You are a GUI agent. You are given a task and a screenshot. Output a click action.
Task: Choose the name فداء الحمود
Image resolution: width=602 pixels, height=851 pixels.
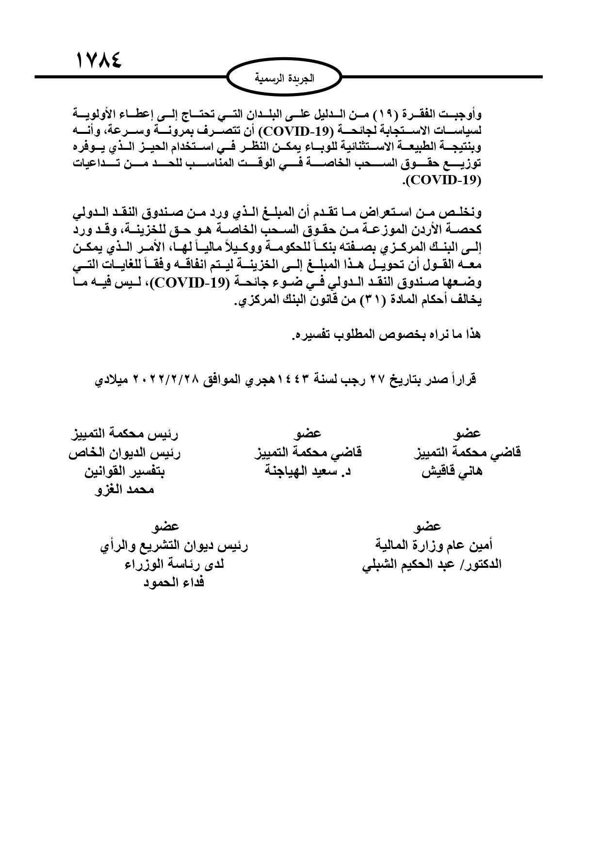(x=173, y=582)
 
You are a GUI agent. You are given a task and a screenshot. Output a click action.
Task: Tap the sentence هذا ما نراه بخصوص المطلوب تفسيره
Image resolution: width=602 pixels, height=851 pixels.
(x=385, y=335)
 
